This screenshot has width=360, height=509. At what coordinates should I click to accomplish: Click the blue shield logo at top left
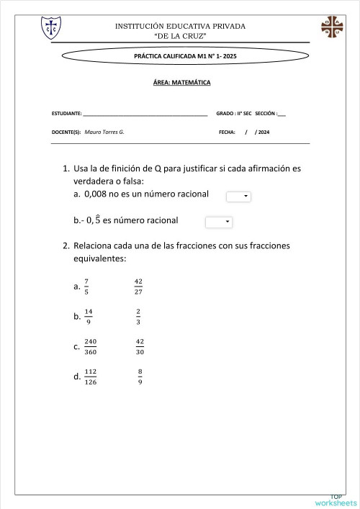[x=51, y=29]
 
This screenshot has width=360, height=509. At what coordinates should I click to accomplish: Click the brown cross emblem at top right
[x=333, y=27]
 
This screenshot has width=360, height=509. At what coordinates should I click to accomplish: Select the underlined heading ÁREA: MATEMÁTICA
[x=181, y=83]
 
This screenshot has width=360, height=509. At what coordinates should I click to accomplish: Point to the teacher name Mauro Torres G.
[x=104, y=132]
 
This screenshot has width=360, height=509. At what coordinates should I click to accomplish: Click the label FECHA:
[x=228, y=132]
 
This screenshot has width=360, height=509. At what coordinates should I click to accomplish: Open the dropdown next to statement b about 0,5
[x=219, y=222]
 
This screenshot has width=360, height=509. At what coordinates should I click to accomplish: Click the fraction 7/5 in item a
[x=86, y=287]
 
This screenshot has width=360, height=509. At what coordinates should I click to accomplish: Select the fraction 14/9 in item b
[x=89, y=315]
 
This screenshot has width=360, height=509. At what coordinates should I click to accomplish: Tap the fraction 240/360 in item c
[x=91, y=346]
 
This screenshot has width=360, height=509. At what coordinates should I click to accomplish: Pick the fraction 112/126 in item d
[x=91, y=376]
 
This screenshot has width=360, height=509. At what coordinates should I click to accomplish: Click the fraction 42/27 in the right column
[x=139, y=287]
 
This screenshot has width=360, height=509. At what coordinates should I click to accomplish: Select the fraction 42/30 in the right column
[x=140, y=346]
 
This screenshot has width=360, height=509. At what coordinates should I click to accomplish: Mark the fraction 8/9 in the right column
[x=139, y=376]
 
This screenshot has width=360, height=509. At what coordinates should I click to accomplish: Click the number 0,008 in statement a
[x=97, y=194]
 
